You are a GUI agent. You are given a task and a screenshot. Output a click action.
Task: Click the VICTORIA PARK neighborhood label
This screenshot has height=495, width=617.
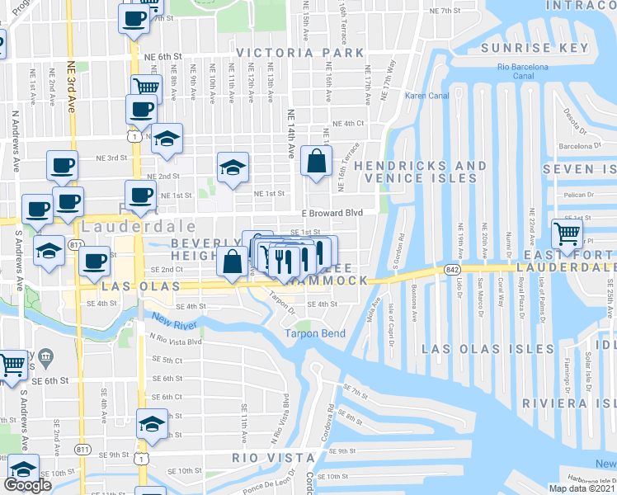click(299, 53)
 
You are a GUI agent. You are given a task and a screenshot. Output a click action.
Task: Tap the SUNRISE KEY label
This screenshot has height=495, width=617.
click(539, 47)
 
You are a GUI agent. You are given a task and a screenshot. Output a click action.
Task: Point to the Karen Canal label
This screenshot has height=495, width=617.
click(426, 96)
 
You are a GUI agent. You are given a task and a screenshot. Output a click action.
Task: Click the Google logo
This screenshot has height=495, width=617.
click(27, 485)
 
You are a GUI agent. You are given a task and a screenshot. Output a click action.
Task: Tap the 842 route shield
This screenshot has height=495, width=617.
click(450, 269)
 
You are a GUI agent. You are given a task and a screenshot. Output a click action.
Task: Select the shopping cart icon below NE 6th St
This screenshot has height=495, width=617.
click(146, 85)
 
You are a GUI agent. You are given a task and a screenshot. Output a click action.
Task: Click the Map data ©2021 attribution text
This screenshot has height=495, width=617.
click(581, 488)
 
